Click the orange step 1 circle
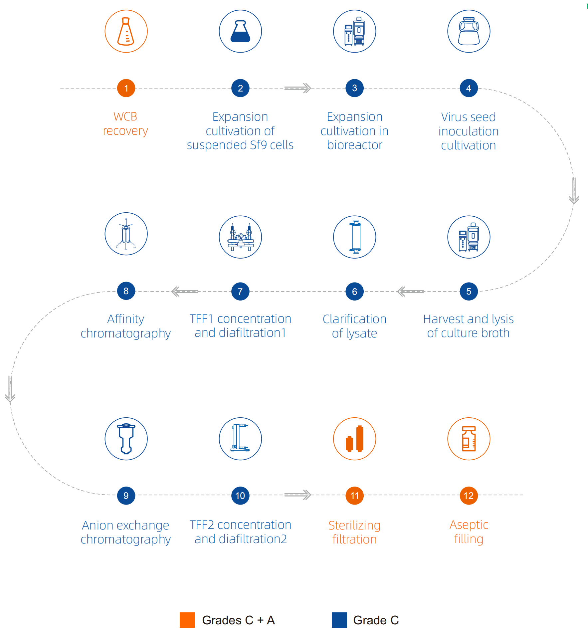[126, 88]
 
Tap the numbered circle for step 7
[240, 292]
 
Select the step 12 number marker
[469, 496]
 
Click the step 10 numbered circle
[240, 496]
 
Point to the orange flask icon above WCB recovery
[126, 31]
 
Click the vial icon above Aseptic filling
[469, 439]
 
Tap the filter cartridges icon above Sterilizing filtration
[355, 439]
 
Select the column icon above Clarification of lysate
[355, 237]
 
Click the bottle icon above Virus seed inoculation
[469, 31]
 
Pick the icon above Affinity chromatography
[126, 234]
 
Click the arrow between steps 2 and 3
[298, 88]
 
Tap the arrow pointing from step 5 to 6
[411, 292]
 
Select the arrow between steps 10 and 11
[298, 495]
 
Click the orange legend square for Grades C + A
[187, 620]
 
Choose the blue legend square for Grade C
[339, 620]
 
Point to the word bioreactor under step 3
[355, 145]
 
